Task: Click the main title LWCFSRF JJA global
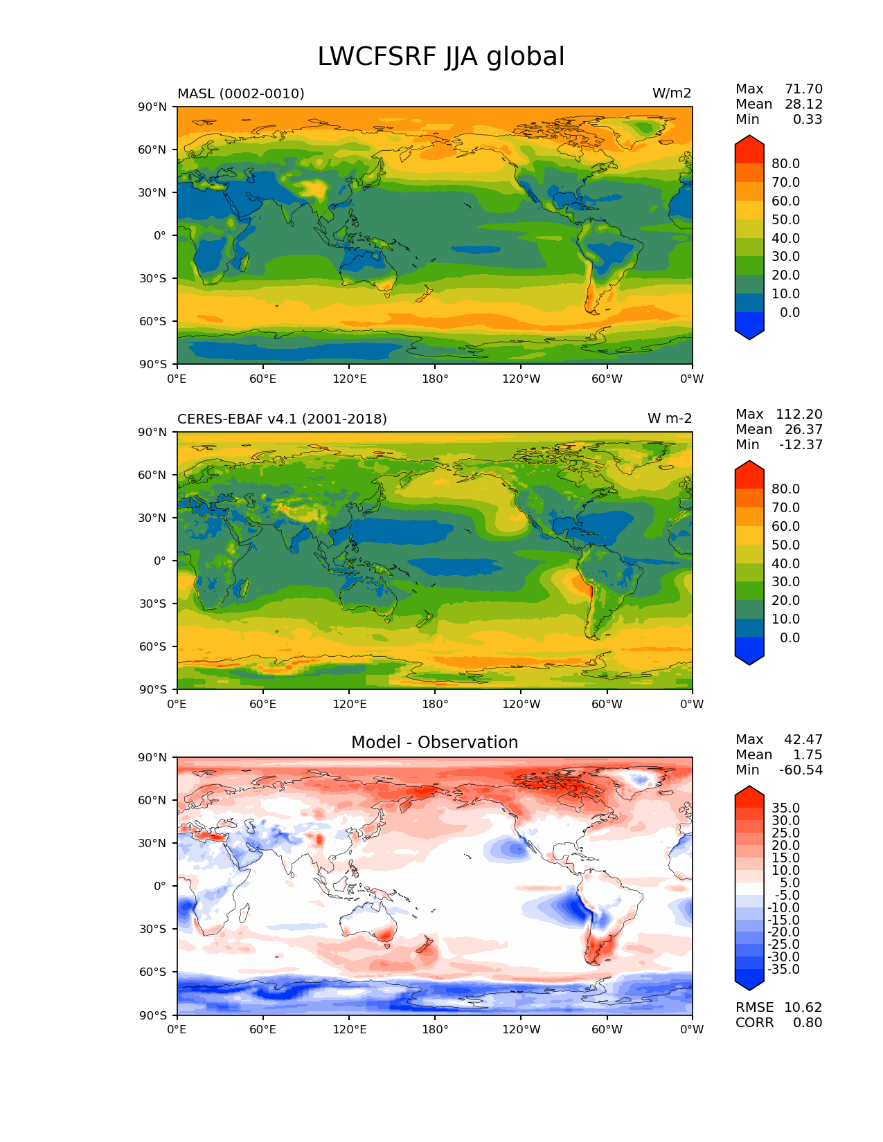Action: (x=441, y=57)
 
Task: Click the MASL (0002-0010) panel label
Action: (x=241, y=93)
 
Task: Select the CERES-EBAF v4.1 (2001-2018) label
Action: (x=282, y=419)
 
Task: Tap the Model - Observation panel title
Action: (x=434, y=743)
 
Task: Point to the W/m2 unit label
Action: (x=671, y=93)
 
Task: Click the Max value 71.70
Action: (x=803, y=89)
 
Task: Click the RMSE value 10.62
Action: (x=803, y=1008)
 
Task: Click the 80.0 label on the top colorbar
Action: (x=786, y=164)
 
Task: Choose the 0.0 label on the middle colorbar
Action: (x=790, y=638)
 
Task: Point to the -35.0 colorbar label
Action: (x=784, y=970)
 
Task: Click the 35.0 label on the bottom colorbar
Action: (x=786, y=808)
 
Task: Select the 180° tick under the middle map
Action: (x=435, y=705)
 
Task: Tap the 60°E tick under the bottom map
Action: (x=263, y=1030)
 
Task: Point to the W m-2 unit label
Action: (x=669, y=419)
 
